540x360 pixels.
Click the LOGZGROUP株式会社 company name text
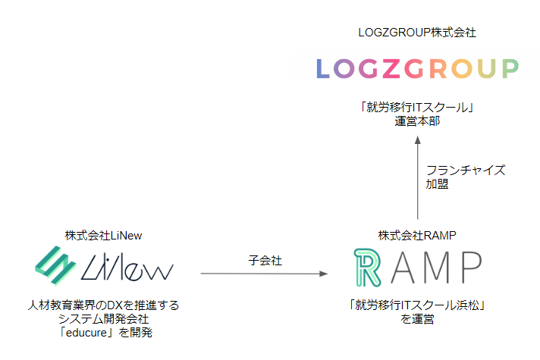(x=417, y=33)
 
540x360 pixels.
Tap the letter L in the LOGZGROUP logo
(x=323, y=68)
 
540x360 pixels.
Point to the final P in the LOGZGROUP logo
(x=510, y=68)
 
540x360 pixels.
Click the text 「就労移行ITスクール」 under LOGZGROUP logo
(x=417, y=107)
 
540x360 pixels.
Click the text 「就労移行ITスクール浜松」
(x=417, y=306)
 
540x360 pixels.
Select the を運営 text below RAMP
(x=417, y=320)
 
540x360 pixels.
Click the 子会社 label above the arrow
(x=265, y=259)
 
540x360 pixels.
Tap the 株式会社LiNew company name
(x=104, y=236)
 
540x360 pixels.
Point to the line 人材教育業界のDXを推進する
(x=104, y=306)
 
